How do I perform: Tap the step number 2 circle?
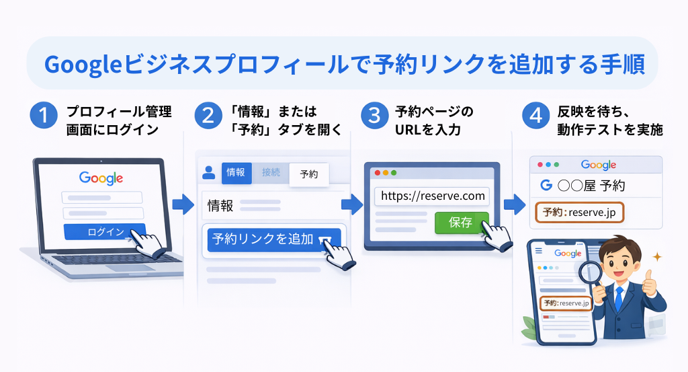point(208,116)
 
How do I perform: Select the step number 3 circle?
point(372,116)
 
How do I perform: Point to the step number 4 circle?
point(536,116)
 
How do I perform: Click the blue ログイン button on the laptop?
point(104,232)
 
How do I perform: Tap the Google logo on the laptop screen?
point(101,178)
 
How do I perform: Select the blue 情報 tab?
point(236,172)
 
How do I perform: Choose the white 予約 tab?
point(309,174)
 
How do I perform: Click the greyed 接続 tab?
point(271,172)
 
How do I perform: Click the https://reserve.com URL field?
point(432,196)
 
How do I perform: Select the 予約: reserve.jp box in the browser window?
point(579,213)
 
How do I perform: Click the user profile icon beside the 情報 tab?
point(208,172)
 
